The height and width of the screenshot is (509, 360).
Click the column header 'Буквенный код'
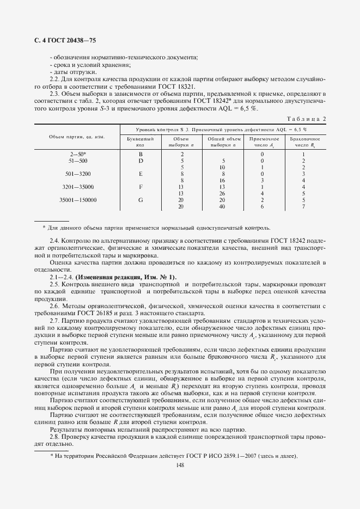pos(140,142)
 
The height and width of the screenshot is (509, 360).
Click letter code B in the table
pos(140,154)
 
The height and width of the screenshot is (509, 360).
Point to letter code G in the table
pos(140,200)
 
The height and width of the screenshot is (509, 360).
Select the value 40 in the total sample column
pos(222,206)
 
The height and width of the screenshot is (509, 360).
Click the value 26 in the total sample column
pos(222,193)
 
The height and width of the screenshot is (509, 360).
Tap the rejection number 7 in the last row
pos(303,206)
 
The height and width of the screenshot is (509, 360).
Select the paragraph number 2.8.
pos(55,437)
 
